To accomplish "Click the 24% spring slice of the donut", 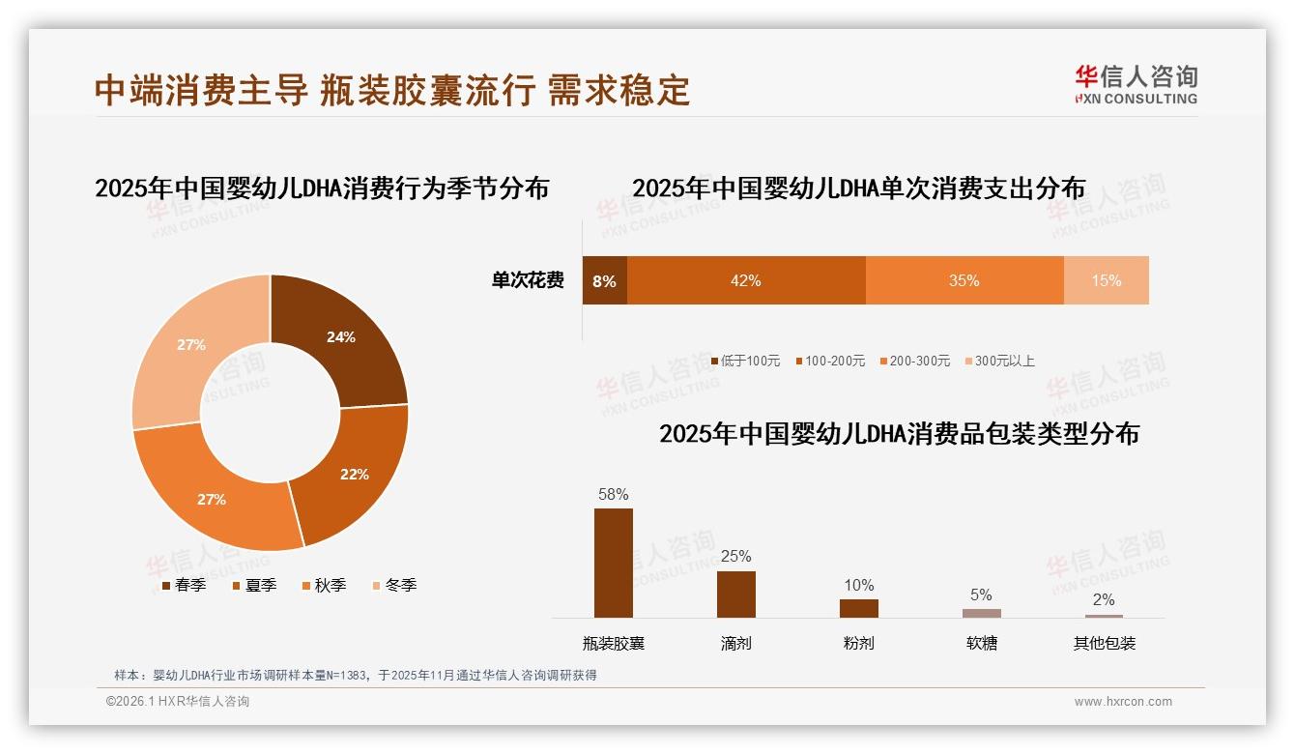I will click(340, 337).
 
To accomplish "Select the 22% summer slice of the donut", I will click(354, 474).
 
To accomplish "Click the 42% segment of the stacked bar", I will click(745, 280).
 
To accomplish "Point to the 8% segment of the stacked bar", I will click(604, 280).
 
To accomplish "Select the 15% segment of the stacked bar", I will click(1106, 280).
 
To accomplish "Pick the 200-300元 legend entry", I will click(914, 361).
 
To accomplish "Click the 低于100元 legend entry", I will click(745, 361).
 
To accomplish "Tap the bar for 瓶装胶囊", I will click(614, 563).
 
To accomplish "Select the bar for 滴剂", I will click(736, 594).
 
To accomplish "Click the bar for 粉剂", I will click(858, 608).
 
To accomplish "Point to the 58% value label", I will click(614, 494).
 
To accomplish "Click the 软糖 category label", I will click(981, 643).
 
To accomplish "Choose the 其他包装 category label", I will click(1104, 643).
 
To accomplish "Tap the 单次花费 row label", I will click(528, 280).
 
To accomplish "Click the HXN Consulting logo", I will click(1136, 84).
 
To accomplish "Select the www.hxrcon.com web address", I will click(1123, 702).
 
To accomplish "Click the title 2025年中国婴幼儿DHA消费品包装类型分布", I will click(899, 433).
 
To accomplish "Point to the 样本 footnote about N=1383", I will click(356, 675).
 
